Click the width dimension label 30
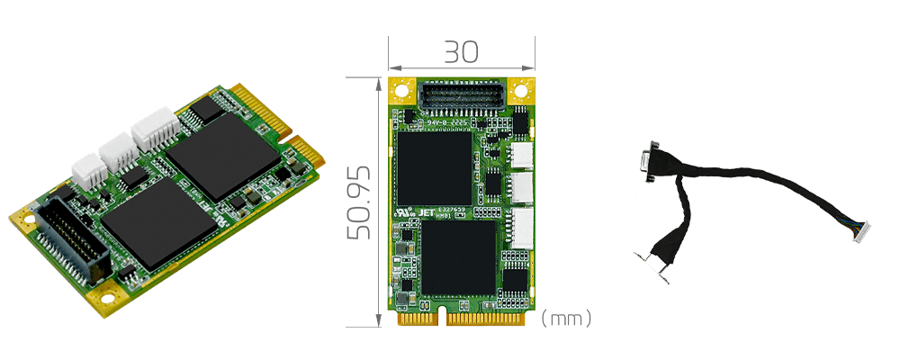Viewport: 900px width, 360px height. click(x=460, y=52)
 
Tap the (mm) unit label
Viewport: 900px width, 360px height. click(x=566, y=319)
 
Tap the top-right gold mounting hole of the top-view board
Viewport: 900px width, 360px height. click(x=520, y=92)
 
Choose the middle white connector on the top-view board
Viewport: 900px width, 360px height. click(x=521, y=188)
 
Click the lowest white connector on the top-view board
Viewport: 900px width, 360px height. click(x=521, y=223)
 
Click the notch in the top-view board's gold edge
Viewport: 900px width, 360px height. click(x=442, y=317)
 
